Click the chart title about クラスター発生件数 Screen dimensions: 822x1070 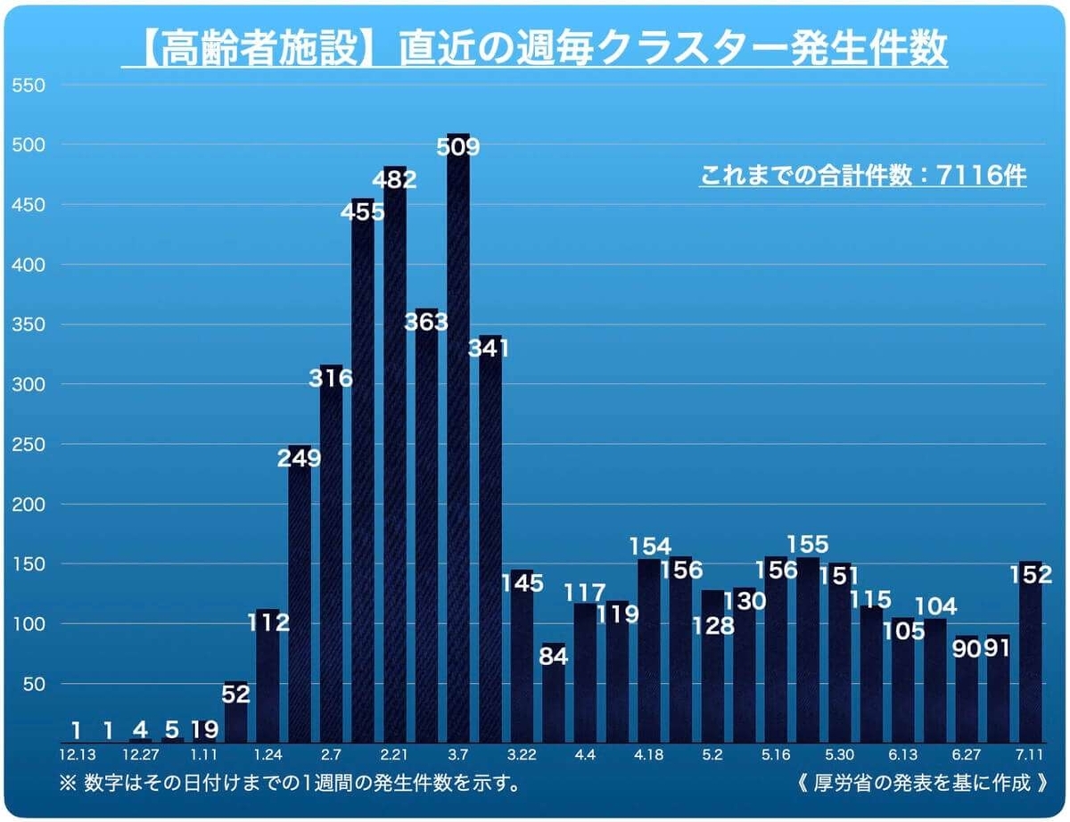click(535, 50)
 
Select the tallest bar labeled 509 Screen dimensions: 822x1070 click(458, 446)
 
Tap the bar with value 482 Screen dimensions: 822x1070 click(395, 464)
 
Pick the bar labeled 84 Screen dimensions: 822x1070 click(554, 704)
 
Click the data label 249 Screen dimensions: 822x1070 click(300, 458)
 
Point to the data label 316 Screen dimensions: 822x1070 click(331, 378)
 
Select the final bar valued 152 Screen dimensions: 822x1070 click(1031, 660)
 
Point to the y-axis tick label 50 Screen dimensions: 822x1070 click(33, 684)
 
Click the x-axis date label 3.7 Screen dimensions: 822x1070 click(458, 756)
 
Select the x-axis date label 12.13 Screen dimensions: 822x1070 click(77, 756)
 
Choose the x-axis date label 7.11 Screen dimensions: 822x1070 click(1031, 756)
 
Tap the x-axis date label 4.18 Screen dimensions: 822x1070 click(649, 756)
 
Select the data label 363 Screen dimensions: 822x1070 click(426, 321)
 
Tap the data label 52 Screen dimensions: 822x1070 click(236, 692)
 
